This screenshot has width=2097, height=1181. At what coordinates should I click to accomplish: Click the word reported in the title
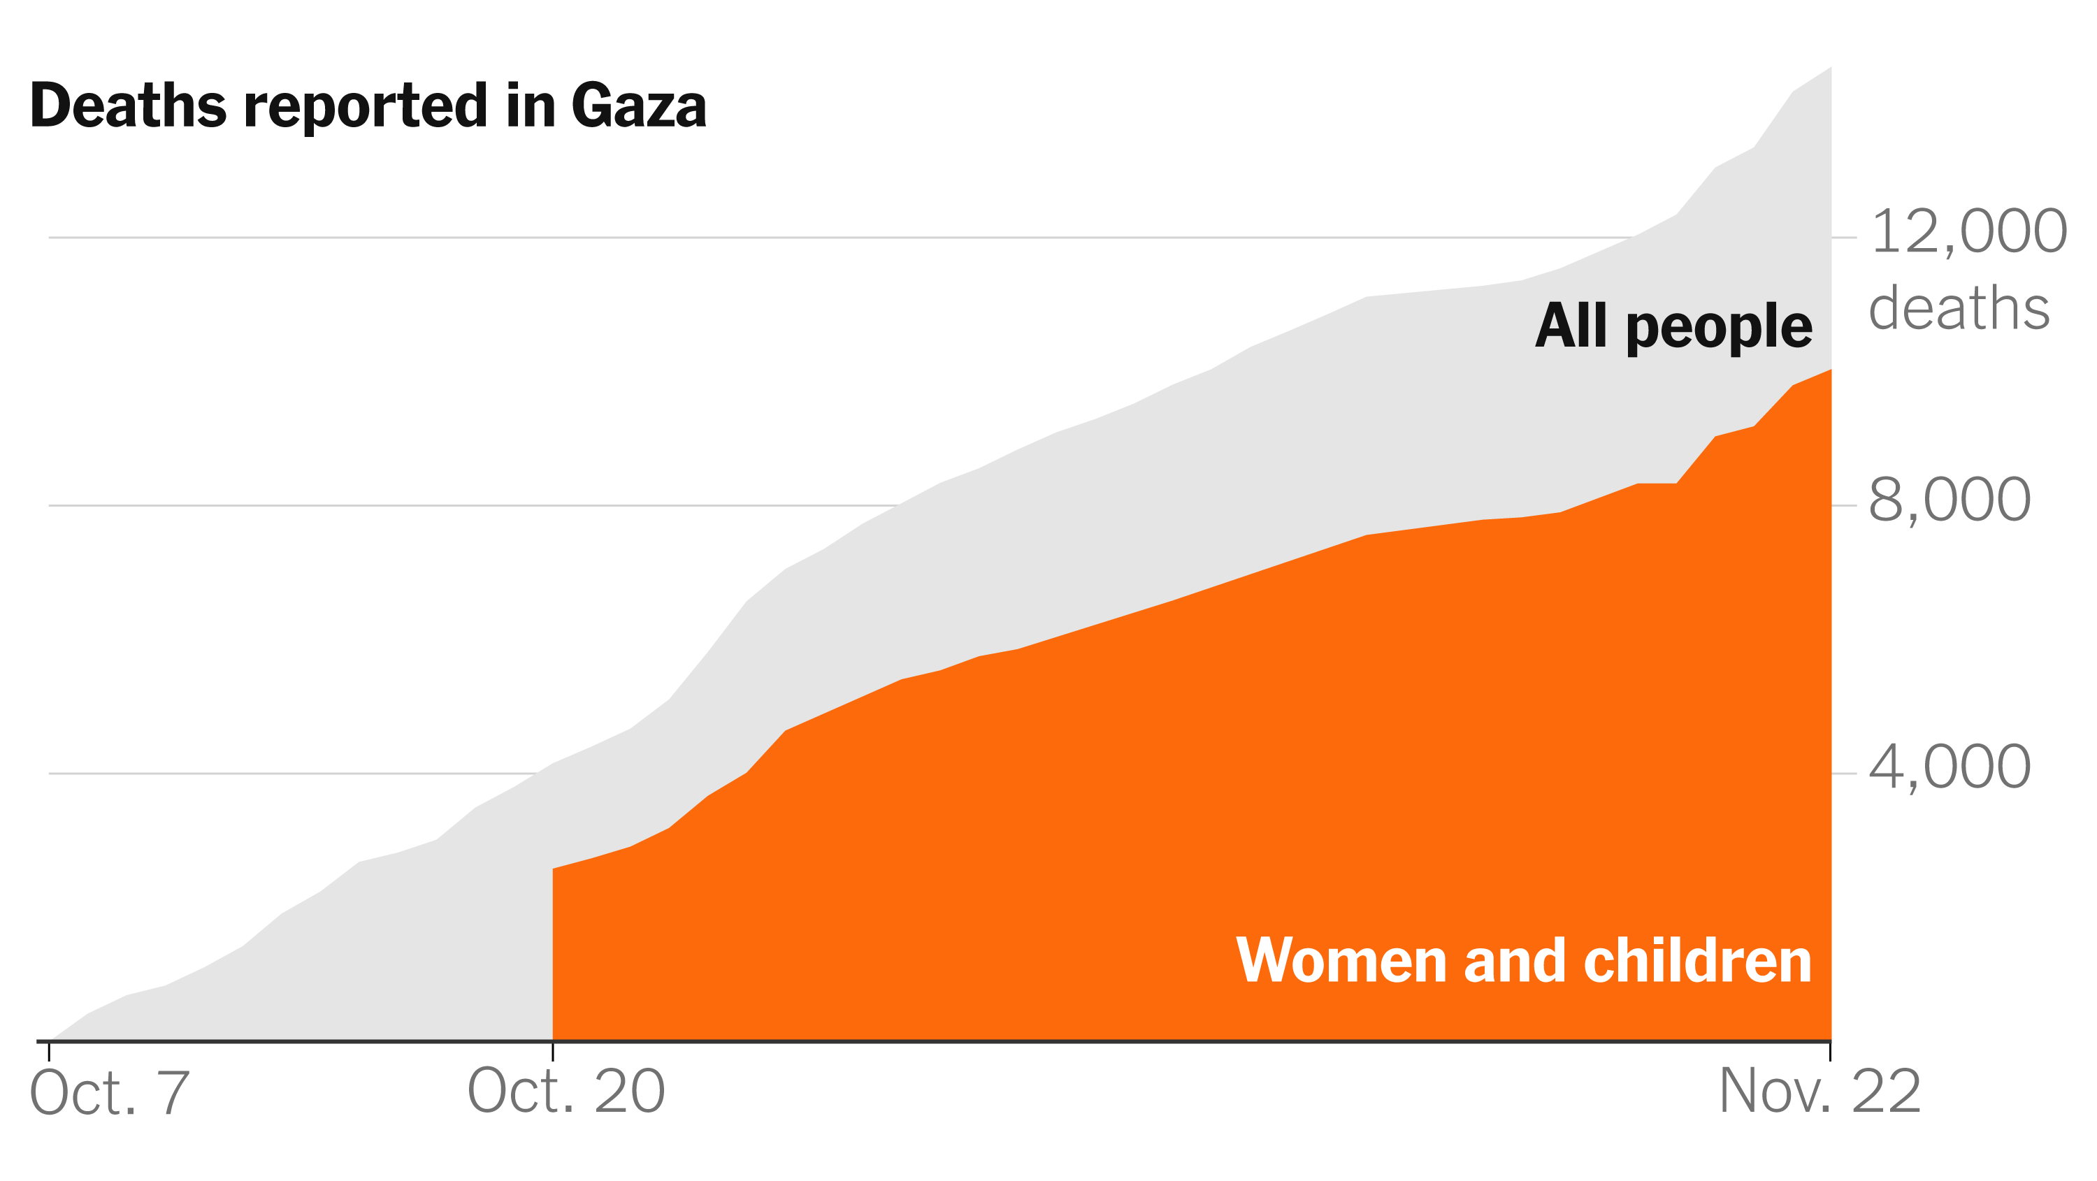coord(366,108)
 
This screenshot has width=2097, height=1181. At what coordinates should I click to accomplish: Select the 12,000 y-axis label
coord(1968,232)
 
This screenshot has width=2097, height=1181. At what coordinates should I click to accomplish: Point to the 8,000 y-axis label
coord(1949,500)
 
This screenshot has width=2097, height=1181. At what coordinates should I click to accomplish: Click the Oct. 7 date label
coord(109,1092)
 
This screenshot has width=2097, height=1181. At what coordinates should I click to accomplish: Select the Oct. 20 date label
coord(565,1091)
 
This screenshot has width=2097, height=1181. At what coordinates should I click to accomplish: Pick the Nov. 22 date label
coord(1819,1091)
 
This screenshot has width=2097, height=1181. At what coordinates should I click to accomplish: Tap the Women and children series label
coord(1523,962)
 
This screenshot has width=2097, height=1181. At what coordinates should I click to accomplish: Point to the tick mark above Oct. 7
coord(49,1052)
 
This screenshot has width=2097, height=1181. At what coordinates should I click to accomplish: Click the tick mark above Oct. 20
coord(553,1052)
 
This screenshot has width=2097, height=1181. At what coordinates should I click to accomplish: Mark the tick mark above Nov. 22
coord(1830,1052)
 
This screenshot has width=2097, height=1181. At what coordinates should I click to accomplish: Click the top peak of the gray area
coord(1829,68)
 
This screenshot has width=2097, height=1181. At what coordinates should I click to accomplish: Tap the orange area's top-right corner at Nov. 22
coord(1829,371)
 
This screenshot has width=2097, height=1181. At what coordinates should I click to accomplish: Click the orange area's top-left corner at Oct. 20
coord(554,869)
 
